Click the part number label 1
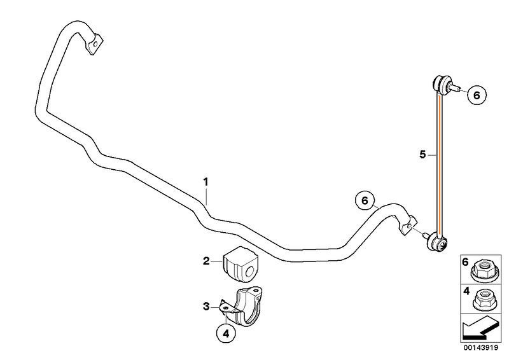206,182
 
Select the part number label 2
206,261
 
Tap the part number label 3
206,306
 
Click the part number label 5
422,155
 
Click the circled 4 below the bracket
226,333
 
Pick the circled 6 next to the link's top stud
477,95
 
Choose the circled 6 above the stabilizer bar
365,201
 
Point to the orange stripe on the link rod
439,166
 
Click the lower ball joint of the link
436,242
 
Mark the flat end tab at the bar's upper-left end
94,44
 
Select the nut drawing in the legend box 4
485,301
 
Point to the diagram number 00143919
481,348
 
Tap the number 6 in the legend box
466,261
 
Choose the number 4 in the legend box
466,291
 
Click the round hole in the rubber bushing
249,272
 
